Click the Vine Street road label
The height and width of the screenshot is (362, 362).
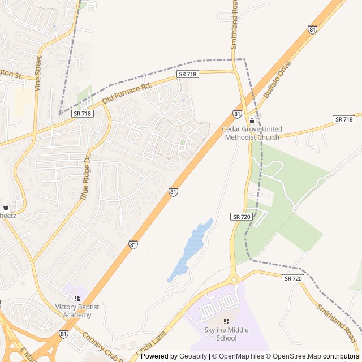(x=38, y=73)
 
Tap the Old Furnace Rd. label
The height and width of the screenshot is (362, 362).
(x=127, y=94)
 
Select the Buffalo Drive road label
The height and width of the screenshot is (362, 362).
(x=277, y=80)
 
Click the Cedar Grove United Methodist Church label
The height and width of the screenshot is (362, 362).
(x=252, y=133)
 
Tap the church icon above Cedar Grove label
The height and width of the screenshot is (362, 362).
(x=252, y=121)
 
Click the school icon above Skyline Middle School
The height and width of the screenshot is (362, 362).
(x=226, y=321)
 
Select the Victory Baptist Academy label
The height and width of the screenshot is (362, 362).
(x=77, y=311)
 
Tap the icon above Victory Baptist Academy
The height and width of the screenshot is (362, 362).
(x=77, y=298)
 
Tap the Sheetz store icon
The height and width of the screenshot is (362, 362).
(x=6, y=208)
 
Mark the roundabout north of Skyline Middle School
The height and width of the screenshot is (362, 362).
(x=233, y=279)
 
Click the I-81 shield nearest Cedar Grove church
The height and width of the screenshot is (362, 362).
(x=237, y=114)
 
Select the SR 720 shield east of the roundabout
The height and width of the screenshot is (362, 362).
(x=294, y=278)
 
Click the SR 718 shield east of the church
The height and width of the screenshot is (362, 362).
(x=344, y=119)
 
